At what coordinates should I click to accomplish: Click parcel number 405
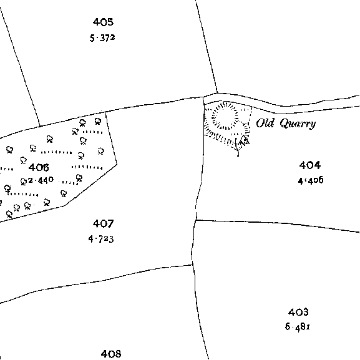103,22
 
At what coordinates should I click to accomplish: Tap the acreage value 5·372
102,38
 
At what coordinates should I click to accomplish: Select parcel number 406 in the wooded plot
39,168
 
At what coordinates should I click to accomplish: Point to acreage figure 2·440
41,180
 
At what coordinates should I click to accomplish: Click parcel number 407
103,223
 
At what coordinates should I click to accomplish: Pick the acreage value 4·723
101,239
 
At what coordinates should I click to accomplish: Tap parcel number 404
309,165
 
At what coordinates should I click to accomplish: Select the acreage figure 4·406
311,180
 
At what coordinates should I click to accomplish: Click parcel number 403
298,312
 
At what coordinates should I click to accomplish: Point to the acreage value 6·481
298,326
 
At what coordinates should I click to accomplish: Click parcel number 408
111,354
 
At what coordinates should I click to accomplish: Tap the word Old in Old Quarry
265,123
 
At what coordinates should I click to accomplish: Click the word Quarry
298,124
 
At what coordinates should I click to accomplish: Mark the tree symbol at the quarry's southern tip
244,140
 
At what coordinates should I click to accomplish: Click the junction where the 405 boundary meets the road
217,93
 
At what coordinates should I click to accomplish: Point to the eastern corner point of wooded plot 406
117,164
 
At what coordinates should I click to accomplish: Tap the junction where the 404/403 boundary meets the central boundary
196,220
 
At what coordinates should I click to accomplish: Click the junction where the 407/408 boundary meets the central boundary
192,265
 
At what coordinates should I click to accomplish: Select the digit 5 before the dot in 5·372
92,38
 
